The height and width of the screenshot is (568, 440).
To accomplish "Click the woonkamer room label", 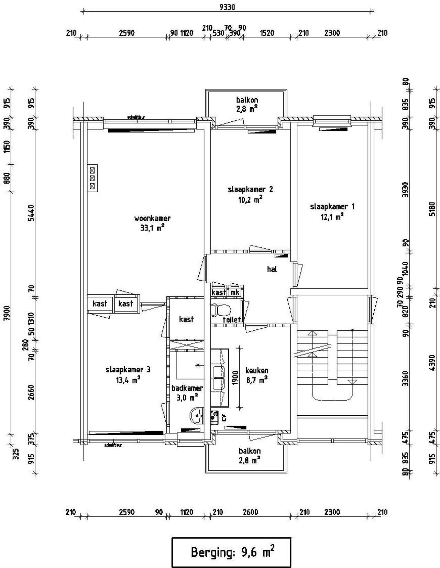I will pyautogui.click(x=152, y=218).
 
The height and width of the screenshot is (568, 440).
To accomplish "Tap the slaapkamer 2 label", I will pyautogui.click(x=250, y=189).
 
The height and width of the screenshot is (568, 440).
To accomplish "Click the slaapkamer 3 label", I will pyautogui.click(x=128, y=370).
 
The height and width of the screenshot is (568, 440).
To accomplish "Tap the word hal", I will pyautogui.click(x=272, y=269).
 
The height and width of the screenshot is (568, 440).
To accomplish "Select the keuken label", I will pyautogui.click(x=256, y=371).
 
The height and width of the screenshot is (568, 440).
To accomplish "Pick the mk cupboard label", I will pyautogui.click(x=235, y=293).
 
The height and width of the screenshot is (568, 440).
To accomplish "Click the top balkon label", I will pyautogui.click(x=247, y=100).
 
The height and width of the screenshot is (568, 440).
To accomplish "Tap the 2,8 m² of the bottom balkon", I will pyautogui.click(x=250, y=460).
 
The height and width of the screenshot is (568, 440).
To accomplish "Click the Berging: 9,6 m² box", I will pyautogui.click(x=231, y=552).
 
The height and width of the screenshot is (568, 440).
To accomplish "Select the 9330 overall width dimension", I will pyautogui.click(x=227, y=7).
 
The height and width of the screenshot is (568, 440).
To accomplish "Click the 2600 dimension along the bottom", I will pyautogui.click(x=250, y=512).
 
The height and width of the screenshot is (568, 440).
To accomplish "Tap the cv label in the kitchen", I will pyautogui.click(x=224, y=418).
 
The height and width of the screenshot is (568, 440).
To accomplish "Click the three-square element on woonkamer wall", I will pyautogui.click(x=92, y=178).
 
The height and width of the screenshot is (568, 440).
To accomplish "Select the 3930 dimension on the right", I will pyautogui.click(x=406, y=189).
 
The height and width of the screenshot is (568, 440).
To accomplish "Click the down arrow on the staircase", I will pyautogui.click(x=352, y=382).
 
